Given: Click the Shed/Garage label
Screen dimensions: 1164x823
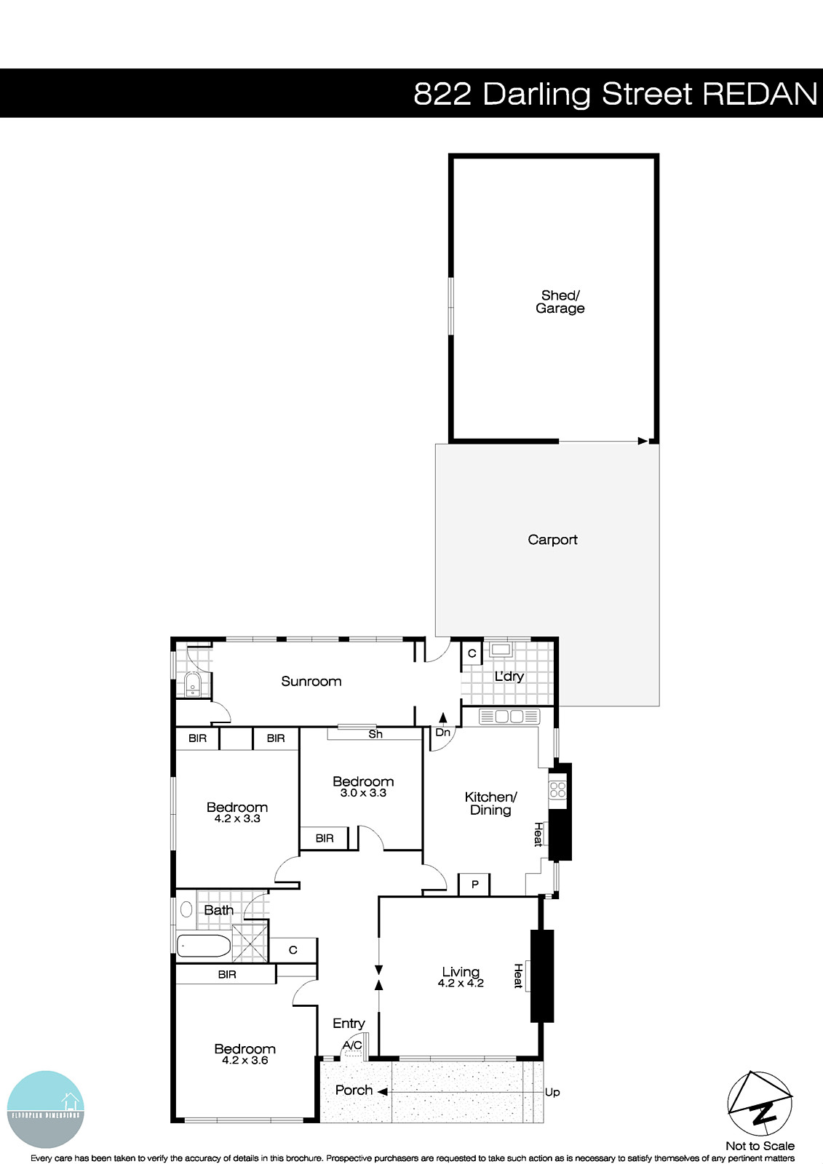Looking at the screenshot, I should (x=560, y=302).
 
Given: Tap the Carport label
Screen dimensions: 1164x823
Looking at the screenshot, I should (x=552, y=540).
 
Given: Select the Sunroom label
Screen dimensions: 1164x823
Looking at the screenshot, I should (x=311, y=682).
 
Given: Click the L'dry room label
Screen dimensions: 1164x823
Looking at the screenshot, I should (x=509, y=677).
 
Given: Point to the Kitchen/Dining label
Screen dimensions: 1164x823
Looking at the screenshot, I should (x=490, y=804).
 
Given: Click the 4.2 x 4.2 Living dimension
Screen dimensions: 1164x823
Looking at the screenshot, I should (x=461, y=984).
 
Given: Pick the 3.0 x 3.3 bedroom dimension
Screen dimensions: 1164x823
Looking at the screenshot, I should (x=363, y=793).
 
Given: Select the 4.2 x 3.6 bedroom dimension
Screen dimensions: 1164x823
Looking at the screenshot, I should (x=244, y=1061).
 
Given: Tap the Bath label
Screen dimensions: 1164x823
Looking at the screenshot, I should (x=218, y=910).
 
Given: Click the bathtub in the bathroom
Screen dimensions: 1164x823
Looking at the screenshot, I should (x=204, y=946).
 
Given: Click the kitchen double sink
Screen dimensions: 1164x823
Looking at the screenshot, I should (x=509, y=717).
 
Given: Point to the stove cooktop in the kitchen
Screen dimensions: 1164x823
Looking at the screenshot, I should (x=558, y=790).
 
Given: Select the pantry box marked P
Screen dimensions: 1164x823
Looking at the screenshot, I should (x=474, y=885).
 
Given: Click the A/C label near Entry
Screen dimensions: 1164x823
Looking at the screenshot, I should (x=352, y=1045).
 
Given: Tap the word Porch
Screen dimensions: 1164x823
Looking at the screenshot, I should (x=354, y=1091).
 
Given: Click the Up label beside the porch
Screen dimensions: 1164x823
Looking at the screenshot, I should (x=552, y=1093).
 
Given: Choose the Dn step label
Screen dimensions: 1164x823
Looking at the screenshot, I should (x=442, y=733).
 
